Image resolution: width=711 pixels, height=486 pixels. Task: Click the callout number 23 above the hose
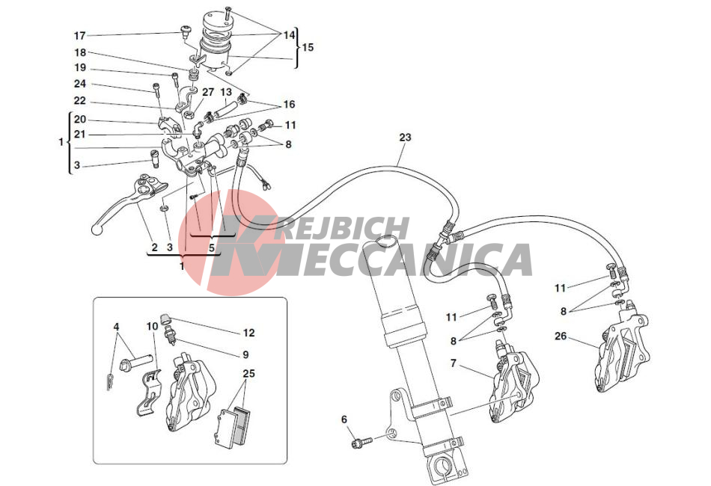405,137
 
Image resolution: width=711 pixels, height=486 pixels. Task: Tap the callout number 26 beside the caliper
561,336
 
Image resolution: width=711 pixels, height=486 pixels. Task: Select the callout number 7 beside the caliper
453,363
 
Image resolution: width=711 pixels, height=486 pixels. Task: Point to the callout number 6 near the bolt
344,420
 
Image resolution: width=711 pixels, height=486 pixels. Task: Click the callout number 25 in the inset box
248,374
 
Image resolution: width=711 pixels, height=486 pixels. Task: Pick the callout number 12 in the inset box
249,333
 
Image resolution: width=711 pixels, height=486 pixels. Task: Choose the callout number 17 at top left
80,36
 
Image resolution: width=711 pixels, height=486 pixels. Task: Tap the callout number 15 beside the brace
308,47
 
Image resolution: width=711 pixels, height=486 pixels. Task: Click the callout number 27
207,93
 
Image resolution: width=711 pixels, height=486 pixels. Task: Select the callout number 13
226,93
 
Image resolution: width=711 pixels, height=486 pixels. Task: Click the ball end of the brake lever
96,230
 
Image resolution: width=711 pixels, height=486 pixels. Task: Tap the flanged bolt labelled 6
361,440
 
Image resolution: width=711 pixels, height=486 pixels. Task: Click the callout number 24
80,84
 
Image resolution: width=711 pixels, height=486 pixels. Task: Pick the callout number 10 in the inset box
153,326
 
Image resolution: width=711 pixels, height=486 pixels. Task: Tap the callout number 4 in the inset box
116,326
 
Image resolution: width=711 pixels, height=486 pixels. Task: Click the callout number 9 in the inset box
245,354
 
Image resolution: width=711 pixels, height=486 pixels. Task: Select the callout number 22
80,101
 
